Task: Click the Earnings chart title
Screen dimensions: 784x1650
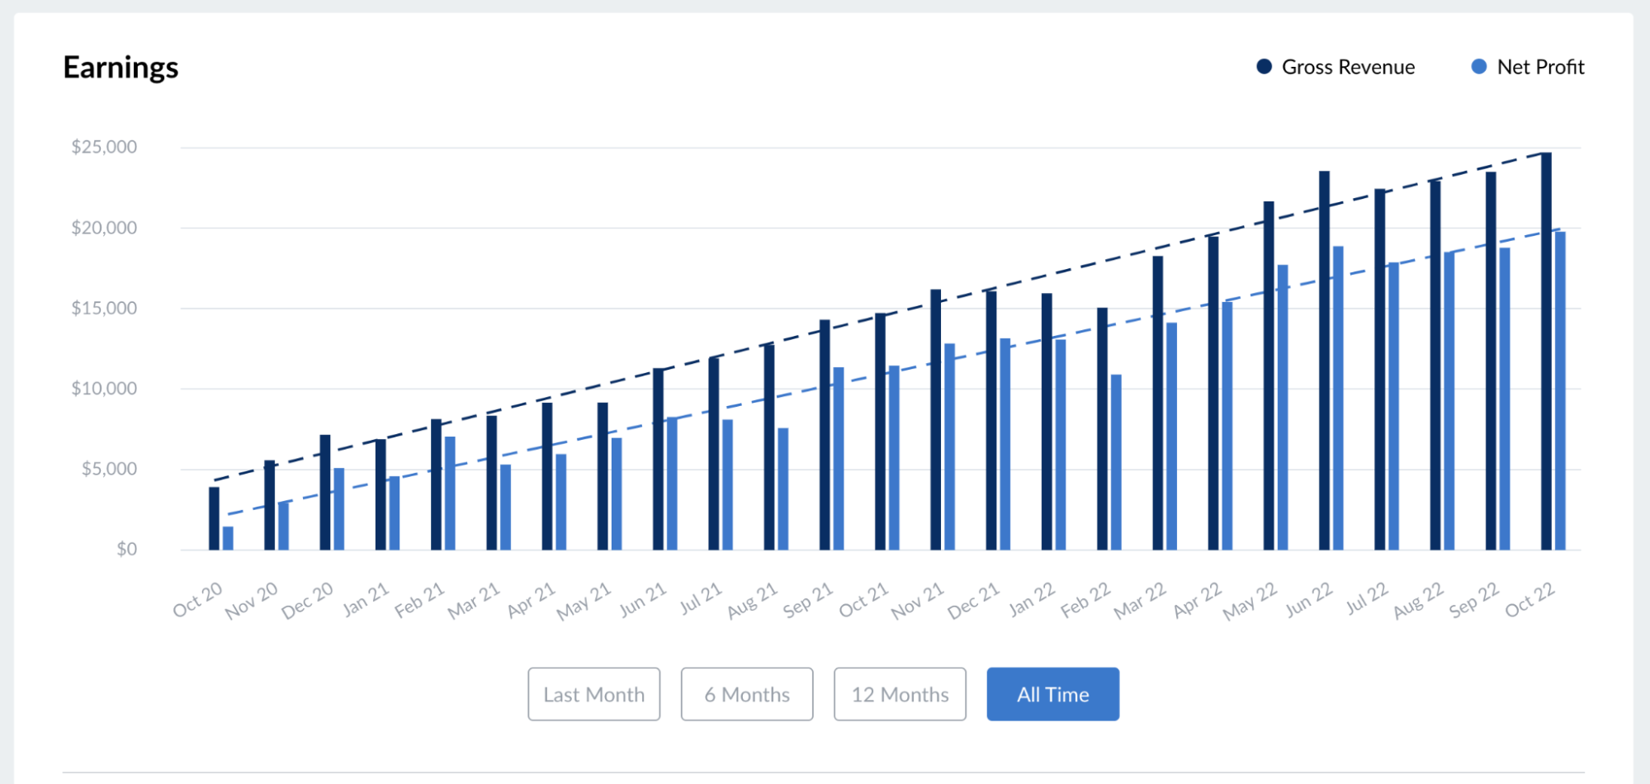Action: [121, 68]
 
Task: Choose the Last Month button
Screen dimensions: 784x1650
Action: [593, 694]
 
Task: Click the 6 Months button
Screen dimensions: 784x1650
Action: [746, 694]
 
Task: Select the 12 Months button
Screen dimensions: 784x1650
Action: [900, 694]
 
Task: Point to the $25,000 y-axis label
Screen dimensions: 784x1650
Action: [104, 147]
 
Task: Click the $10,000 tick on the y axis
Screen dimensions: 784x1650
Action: [104, 388]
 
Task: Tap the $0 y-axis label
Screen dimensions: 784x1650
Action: [126, 549]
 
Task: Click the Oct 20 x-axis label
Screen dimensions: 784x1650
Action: [198, 600]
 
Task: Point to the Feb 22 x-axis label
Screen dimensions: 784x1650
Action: [1086, 600]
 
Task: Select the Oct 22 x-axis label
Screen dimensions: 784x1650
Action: [1530, 600]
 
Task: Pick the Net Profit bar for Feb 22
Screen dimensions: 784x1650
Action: [1116, 462]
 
